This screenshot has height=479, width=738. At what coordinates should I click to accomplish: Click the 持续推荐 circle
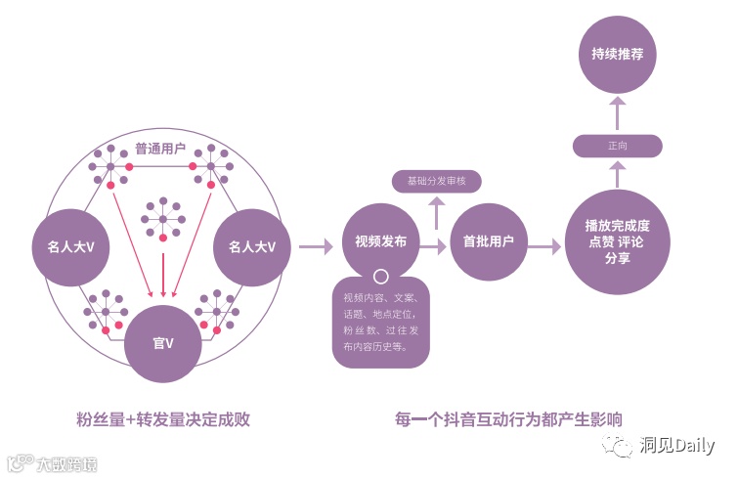[x=617, y=54]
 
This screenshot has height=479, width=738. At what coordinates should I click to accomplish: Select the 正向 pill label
[x=617, y=146]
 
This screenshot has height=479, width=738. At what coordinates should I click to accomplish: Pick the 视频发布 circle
[x=380, y=242]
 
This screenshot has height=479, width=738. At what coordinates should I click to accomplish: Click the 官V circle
[x=162, y=343]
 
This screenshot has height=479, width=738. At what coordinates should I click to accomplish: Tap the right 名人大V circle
[x=252, y=247]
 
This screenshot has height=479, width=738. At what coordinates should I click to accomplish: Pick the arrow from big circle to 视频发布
[x=316, y=247]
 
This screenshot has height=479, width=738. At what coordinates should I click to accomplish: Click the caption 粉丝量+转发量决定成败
[x=163, y=419]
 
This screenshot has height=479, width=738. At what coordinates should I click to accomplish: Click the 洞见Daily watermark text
[x=677, y=446]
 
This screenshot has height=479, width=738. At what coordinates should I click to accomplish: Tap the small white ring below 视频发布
[x=381, y=278]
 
